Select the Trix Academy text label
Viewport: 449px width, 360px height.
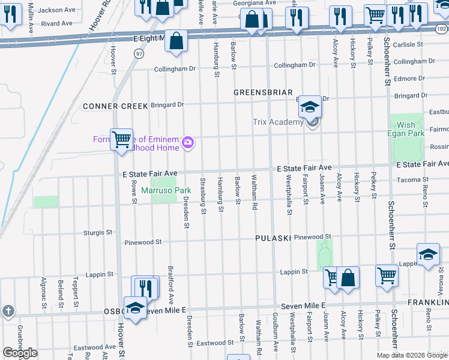click(277, 122)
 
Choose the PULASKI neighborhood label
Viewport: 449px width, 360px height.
click(273, 238)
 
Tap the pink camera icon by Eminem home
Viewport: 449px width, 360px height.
click(188, 142)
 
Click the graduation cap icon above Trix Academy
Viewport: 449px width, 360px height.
click(310, 107)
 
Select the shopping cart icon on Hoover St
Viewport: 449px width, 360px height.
click(121, 140)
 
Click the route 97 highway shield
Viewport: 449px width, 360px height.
click(139, 54)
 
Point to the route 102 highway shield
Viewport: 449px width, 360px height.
click(441, 28)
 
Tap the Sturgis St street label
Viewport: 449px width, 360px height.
click(98, 232)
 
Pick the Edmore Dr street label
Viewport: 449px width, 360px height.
click(409, 79)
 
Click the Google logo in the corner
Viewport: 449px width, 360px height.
click(20, 353)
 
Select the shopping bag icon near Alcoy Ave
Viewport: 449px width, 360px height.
click(348, 278)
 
